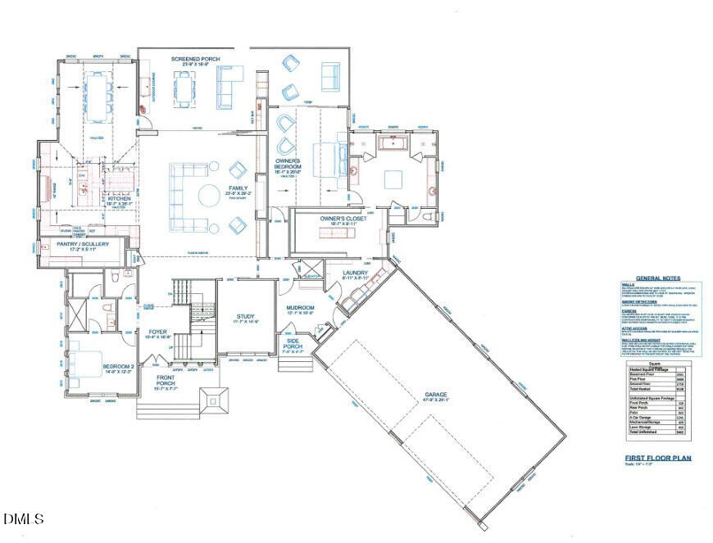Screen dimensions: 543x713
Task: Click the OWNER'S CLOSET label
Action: (x=343, y=219)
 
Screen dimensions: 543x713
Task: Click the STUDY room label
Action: (x=246, y=316)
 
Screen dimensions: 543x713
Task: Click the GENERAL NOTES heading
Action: (x=658, y=278)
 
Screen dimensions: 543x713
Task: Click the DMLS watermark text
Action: (x=23, y=518)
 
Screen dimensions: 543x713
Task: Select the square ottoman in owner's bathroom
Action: (x=393, y=179)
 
